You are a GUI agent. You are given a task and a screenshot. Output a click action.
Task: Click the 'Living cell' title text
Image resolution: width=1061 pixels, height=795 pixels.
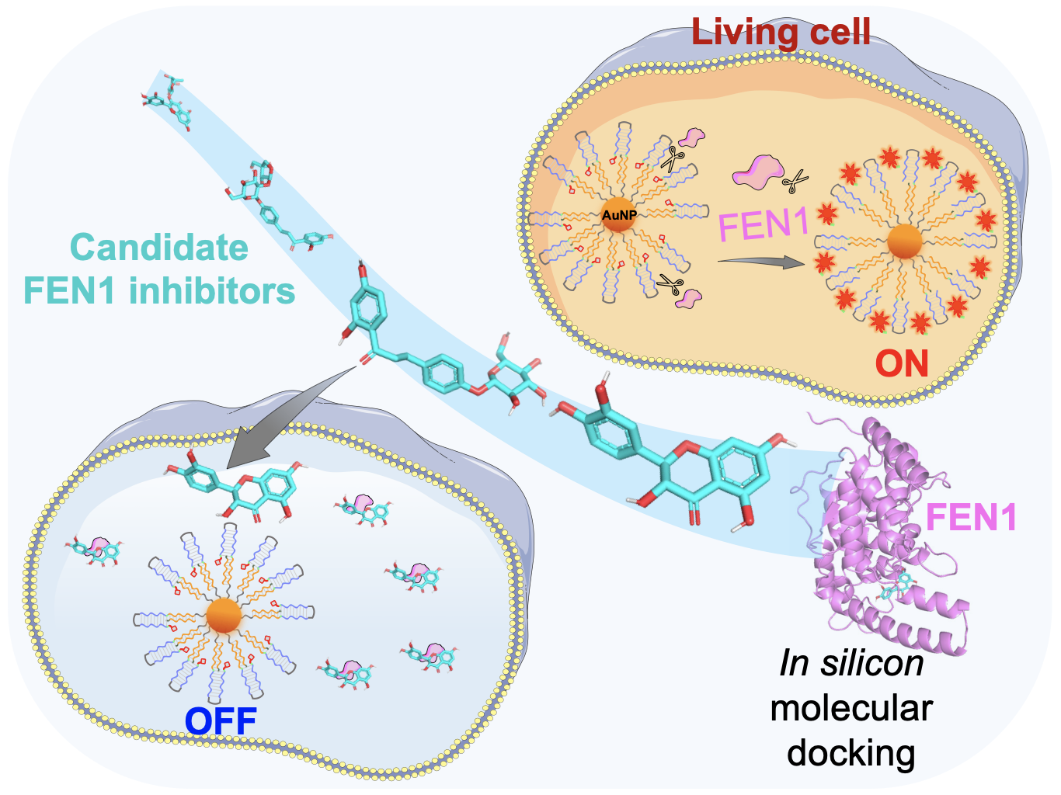click(781, 32)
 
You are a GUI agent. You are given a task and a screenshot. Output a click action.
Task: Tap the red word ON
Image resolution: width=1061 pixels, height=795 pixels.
click(902, 363)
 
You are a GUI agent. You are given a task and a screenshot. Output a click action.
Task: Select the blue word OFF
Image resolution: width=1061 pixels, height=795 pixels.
click(221, 720)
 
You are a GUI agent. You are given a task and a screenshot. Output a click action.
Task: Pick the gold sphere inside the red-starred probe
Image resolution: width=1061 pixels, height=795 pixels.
click(905, 242)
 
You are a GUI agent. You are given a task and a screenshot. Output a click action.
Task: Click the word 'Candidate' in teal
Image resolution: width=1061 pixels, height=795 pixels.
click(159, 248)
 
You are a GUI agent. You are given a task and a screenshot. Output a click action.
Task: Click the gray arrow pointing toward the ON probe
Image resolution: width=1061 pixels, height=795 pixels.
click(761, 262)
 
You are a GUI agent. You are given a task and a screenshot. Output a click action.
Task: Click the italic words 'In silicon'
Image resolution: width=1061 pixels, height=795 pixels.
click(851, 664)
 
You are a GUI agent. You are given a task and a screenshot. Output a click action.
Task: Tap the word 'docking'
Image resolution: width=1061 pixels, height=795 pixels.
click(851, 752)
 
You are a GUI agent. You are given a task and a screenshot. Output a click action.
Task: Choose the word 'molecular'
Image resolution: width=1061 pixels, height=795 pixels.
click(851, 708)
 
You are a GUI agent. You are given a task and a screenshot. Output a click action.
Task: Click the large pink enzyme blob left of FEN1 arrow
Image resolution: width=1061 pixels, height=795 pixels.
click(757, 172)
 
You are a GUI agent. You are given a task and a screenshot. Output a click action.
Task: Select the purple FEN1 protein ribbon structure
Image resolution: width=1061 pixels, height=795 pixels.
click(878, 536)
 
